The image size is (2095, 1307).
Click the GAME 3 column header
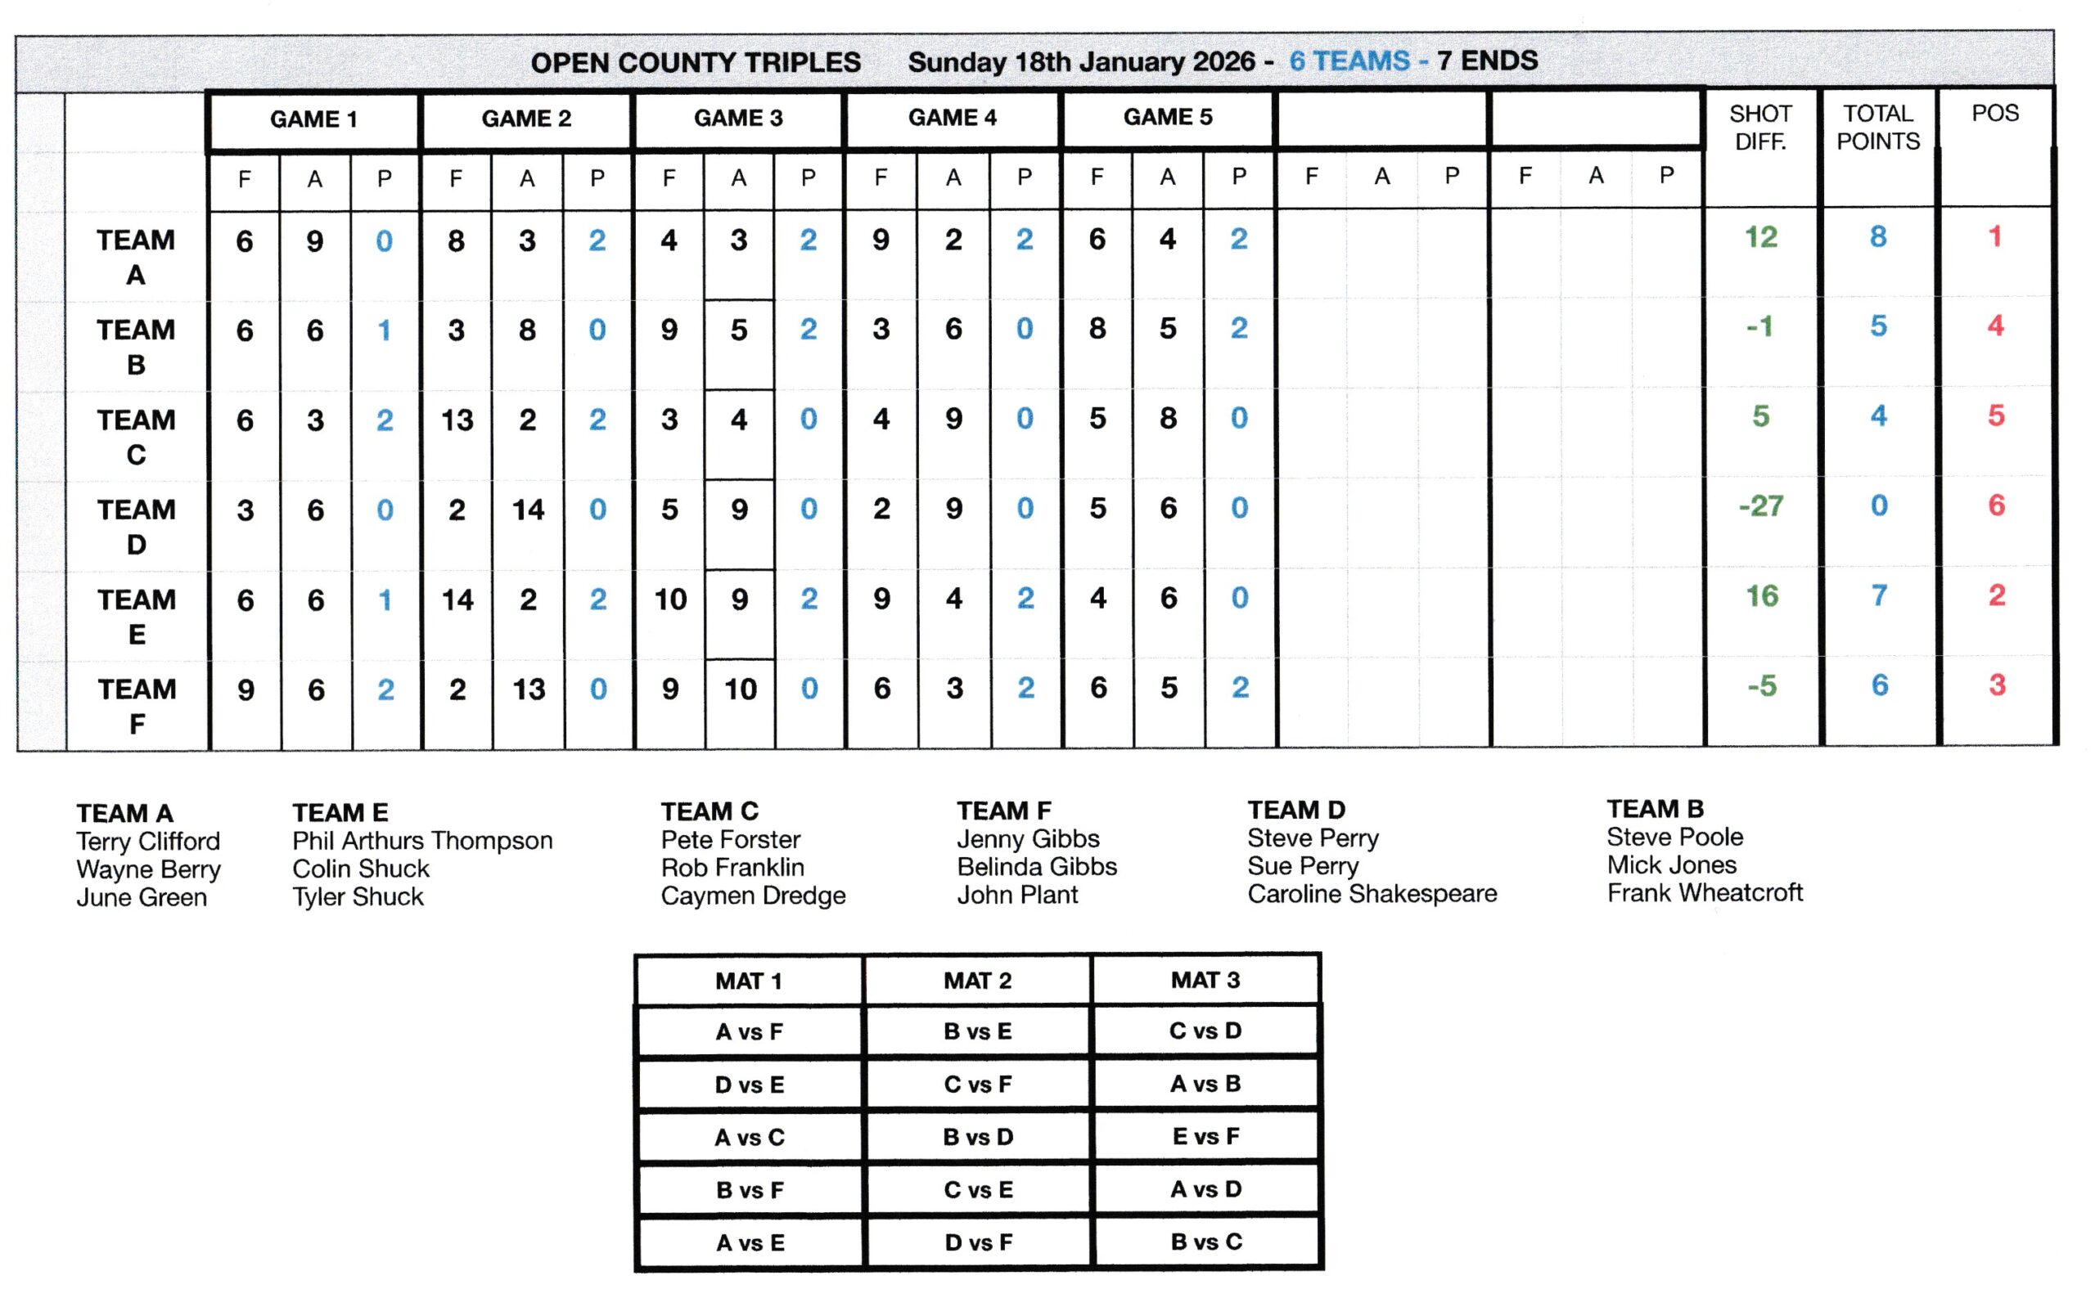737,118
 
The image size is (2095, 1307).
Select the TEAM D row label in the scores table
136,526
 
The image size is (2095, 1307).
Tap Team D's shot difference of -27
1760,505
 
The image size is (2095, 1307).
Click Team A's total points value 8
1877,237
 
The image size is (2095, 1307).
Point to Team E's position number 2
1995,595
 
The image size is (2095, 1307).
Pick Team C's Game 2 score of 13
457,420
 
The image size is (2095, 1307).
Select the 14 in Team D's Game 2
527,510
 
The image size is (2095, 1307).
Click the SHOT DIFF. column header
1759,127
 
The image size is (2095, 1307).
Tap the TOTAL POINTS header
1877,127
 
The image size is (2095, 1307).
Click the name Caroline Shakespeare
1372,894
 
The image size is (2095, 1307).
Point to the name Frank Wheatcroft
1704,893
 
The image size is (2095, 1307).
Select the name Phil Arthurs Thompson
422,840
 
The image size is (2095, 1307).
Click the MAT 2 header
977,980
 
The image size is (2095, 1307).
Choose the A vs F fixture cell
749,1031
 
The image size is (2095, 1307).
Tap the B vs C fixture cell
1205,1242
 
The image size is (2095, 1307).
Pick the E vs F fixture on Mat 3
1205,1136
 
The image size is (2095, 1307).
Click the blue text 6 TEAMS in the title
1349,61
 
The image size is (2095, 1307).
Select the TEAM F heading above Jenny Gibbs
1003,811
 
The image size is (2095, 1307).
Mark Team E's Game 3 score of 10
670,599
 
